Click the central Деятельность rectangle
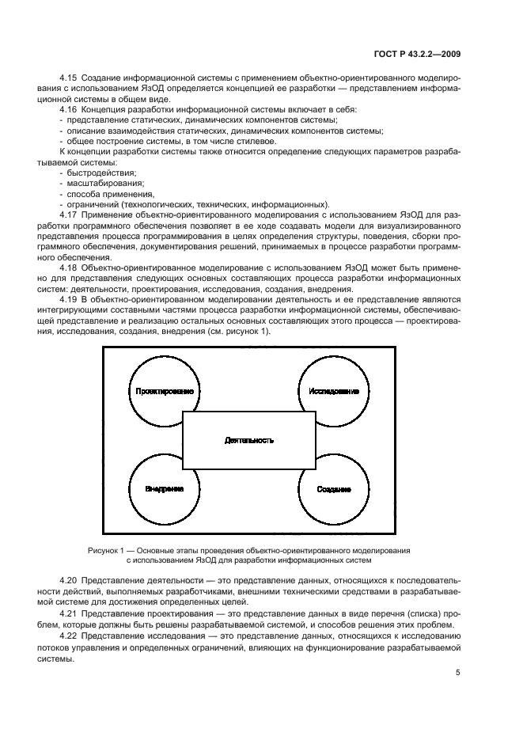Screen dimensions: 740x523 (248, 438)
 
